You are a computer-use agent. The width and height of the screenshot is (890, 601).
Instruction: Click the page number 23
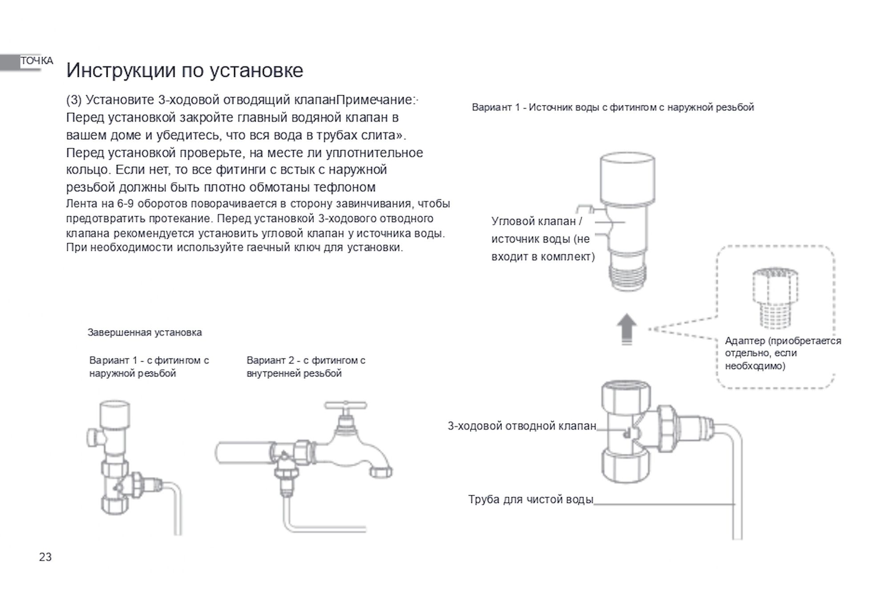click(45, 557)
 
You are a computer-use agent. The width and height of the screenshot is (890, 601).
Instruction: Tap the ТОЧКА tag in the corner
click(36, 61)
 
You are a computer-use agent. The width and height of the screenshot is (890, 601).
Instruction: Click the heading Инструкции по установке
click(185, 70)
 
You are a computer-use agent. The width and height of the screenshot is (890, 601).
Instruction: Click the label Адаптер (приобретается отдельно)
click(783, 353)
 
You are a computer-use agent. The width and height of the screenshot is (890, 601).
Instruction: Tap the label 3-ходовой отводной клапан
click(522, 426)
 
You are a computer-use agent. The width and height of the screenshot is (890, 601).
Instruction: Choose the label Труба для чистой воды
click(530, 500)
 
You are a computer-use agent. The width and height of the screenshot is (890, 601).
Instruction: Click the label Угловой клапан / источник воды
click(542, 239)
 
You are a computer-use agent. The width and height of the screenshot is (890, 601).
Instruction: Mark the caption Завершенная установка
click(145, 332)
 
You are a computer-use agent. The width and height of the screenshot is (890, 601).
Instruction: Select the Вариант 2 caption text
click(306, 367)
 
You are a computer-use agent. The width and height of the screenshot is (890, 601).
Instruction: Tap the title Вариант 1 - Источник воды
click(613, 107)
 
